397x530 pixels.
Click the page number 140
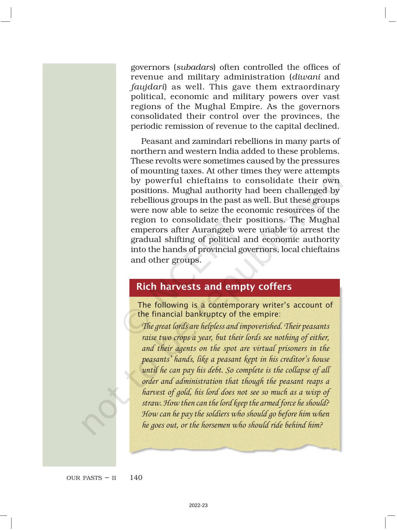pos(136,478)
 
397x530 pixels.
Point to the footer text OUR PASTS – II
pos(91,478)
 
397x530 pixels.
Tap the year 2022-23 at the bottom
pos(198,506)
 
